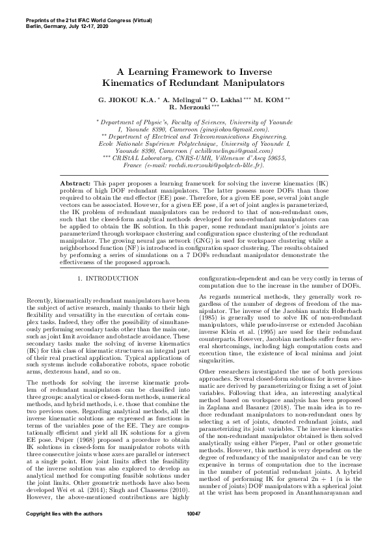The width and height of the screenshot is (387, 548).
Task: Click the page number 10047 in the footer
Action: [193, 532]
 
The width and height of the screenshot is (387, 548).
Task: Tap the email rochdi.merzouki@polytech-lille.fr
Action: [214, 166]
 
